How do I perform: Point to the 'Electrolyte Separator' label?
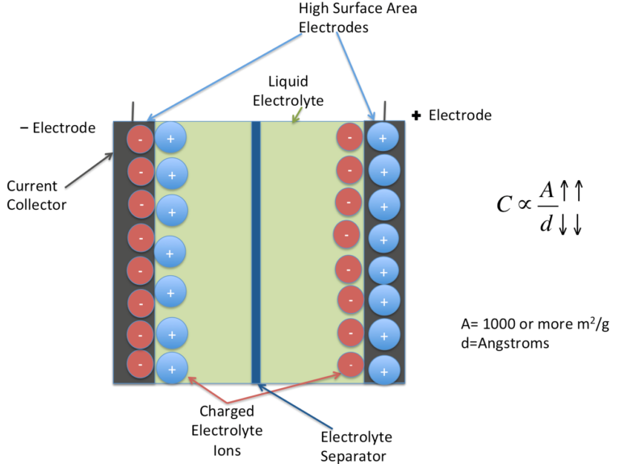[x=356, y=445]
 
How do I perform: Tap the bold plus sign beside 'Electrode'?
[x=417, y=115]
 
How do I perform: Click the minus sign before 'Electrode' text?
[x=24, y=127]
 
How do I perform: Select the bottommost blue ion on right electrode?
[x=383, y=370]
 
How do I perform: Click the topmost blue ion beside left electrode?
[x=170, y=138]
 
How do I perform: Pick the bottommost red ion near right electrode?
[x=350, y=364]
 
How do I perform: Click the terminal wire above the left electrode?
[x=132, y=111]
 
